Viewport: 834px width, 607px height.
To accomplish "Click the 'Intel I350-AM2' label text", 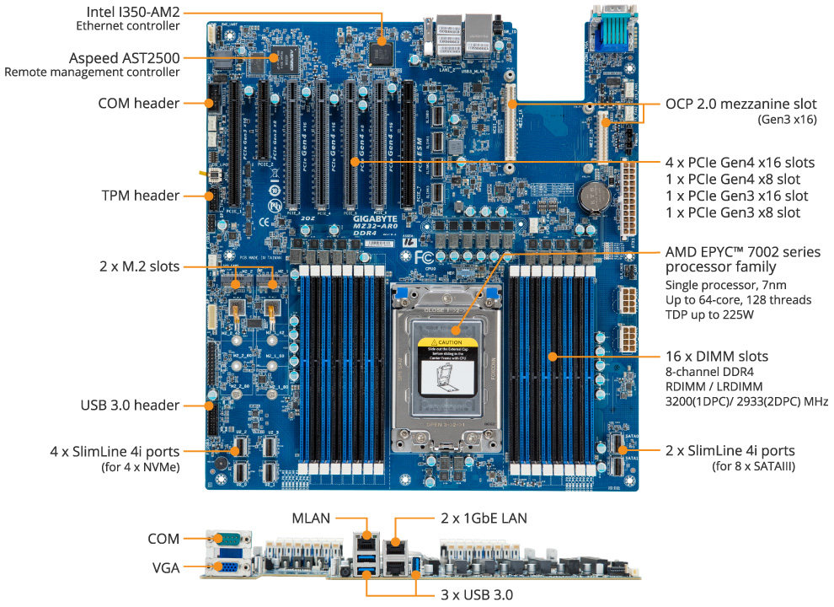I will tap(133, 12).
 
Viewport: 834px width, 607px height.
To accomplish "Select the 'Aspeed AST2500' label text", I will tap(124, 57).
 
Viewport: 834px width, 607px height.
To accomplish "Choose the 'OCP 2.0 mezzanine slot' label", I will tap(740, 104).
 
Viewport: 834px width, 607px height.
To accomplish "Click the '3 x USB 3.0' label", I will tap(476, 594).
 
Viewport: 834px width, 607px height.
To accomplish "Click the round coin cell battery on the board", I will tap(595, 196).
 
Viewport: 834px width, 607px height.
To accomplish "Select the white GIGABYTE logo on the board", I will tap(376, 217).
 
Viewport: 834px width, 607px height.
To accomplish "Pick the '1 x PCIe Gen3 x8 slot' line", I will tap(732, 212).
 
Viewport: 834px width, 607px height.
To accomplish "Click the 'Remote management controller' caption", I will tap(92, 73).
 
